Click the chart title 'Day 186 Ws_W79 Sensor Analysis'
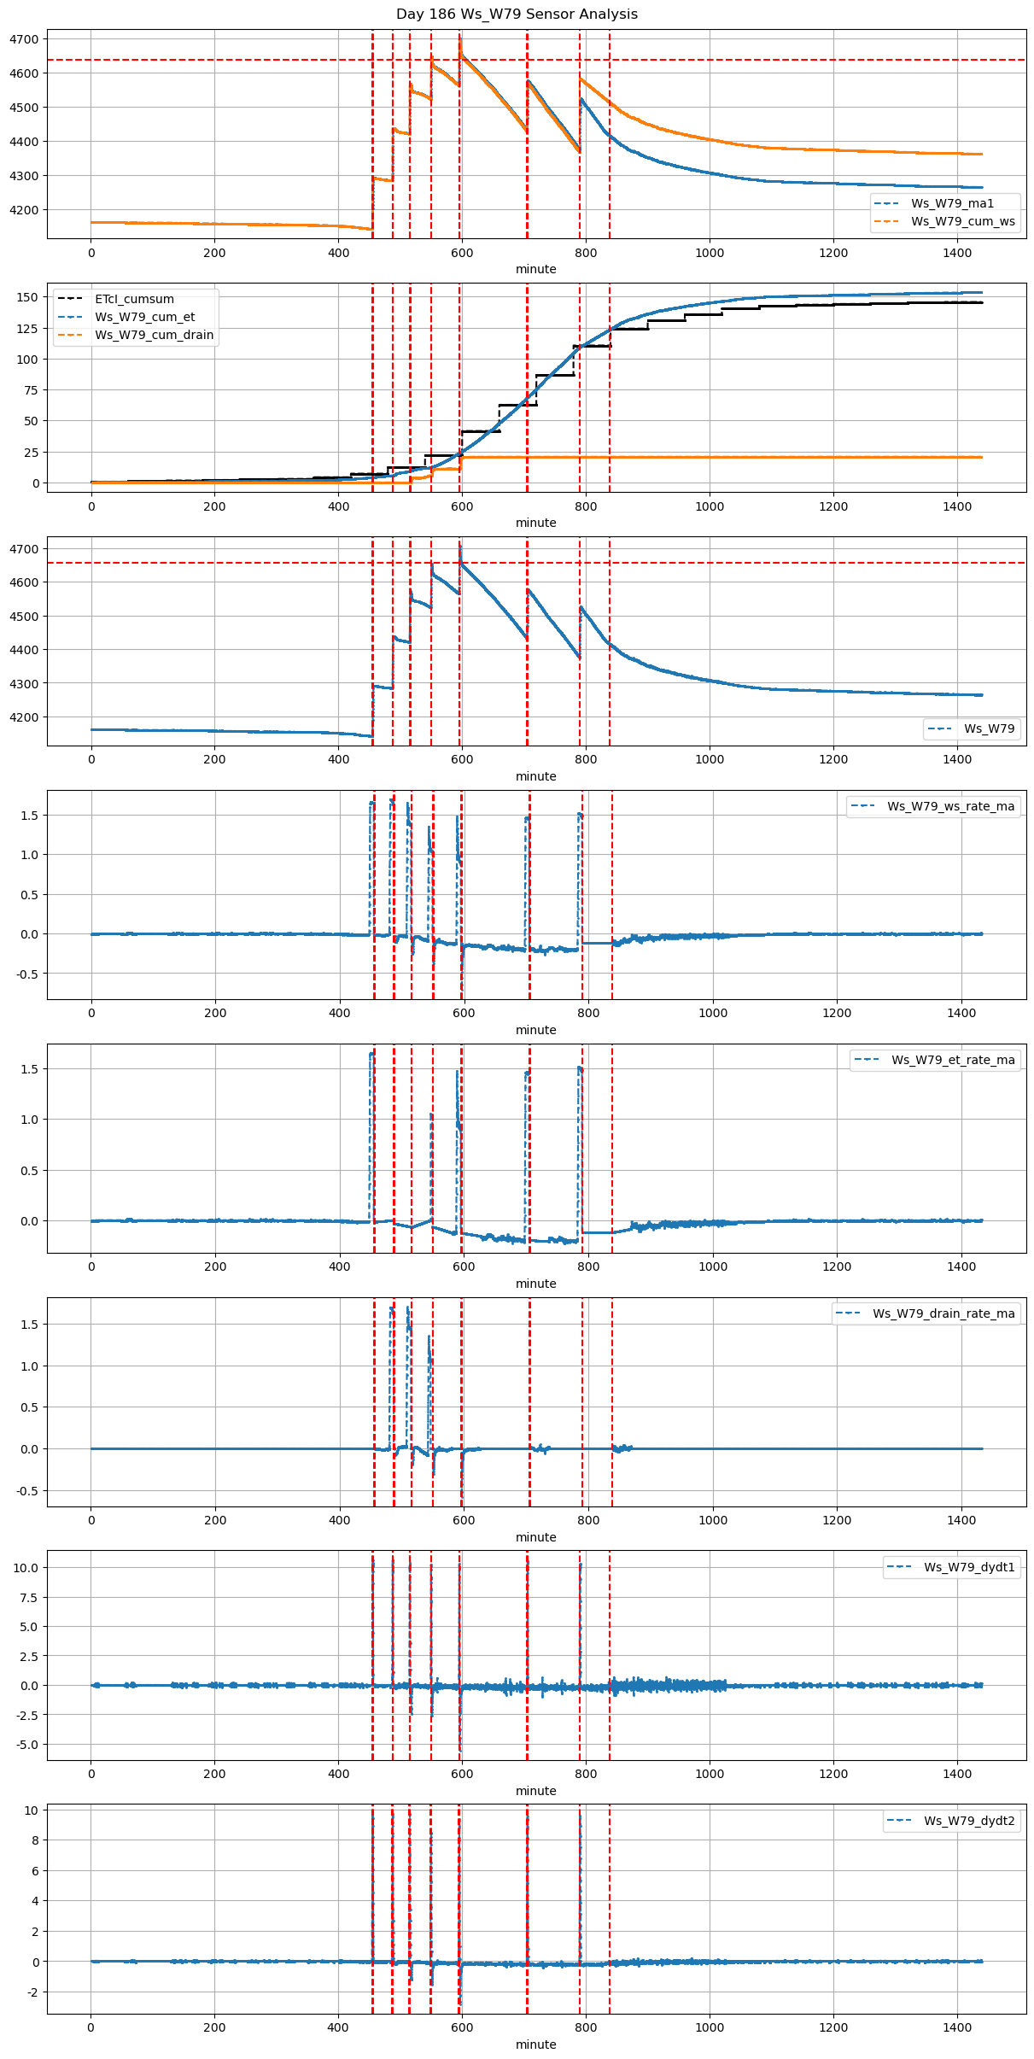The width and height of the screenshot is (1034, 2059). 517,15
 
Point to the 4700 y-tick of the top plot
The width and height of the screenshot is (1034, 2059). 25,39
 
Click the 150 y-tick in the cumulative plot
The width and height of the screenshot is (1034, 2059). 28,297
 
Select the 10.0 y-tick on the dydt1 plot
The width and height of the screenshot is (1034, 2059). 26,1568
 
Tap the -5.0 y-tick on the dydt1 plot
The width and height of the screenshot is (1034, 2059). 26,1745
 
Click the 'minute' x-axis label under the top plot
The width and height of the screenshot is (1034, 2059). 535,269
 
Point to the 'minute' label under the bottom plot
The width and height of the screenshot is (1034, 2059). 535,2044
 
